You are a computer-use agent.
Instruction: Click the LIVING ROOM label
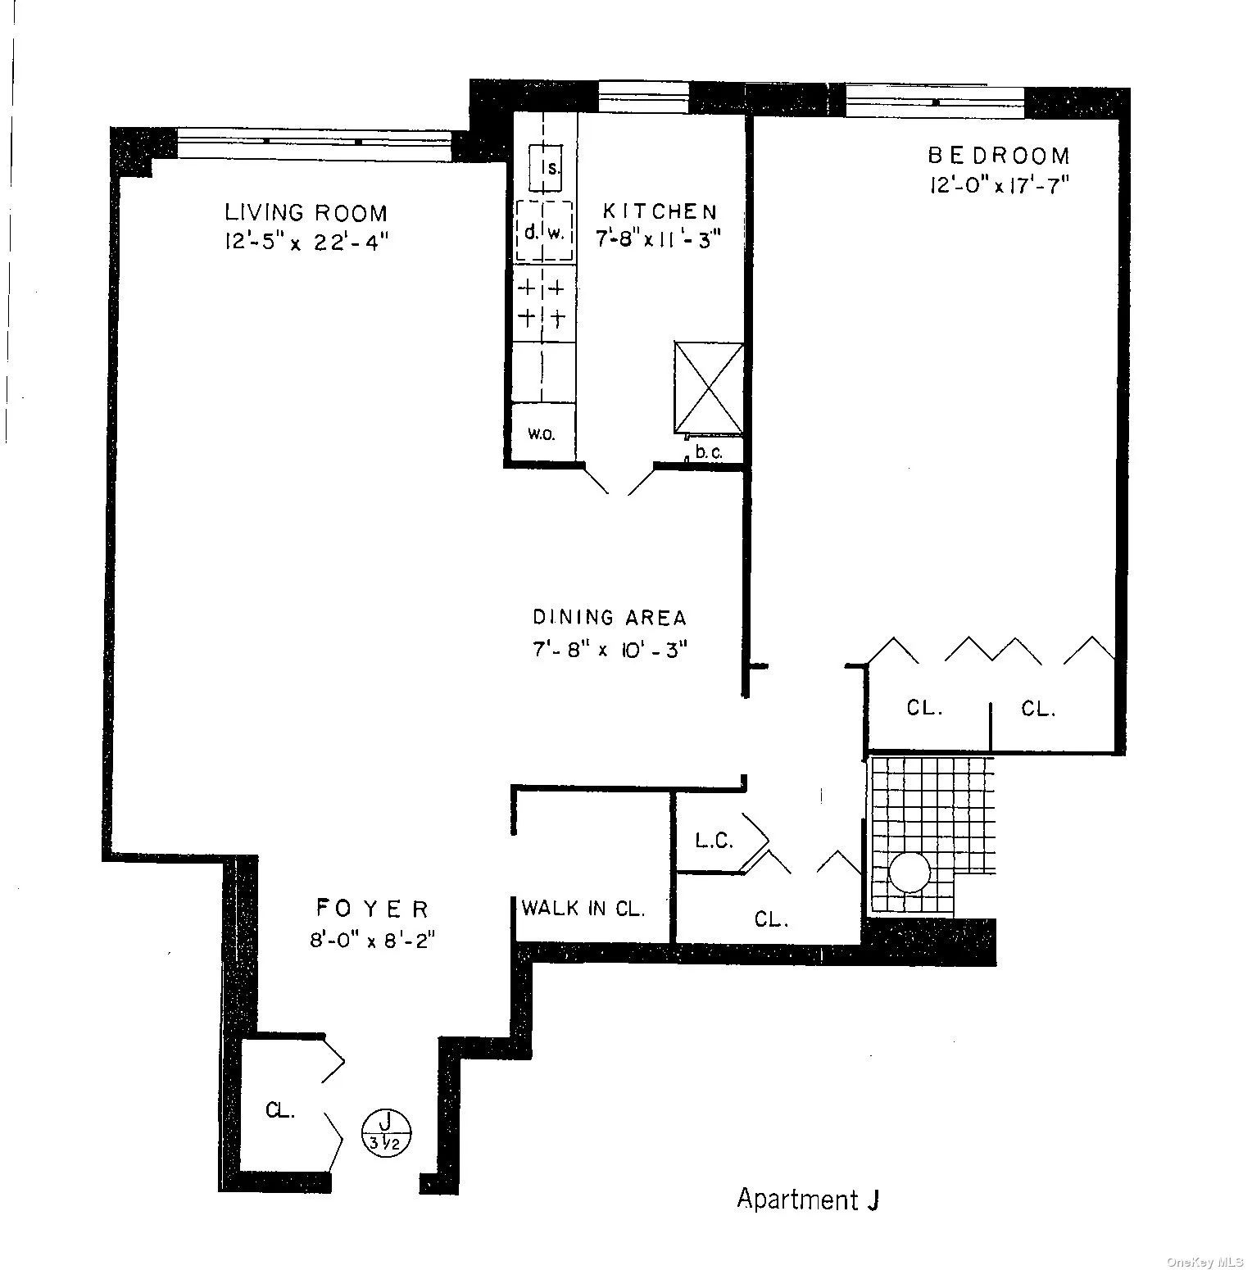306,213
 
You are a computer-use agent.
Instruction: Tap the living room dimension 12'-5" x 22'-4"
305,243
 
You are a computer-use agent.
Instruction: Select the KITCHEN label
660,211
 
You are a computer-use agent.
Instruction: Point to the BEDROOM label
999,155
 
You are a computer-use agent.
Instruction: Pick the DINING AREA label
610,617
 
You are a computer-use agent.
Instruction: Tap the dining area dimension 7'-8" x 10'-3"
610,649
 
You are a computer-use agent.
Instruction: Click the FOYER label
372,908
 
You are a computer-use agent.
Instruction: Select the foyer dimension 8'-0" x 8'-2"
371,939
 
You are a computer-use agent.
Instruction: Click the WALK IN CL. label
583,908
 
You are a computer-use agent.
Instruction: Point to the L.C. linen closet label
714,841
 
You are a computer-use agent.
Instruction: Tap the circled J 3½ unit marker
386,1132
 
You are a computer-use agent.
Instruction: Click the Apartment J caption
808,1199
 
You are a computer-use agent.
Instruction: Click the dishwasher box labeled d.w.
544,232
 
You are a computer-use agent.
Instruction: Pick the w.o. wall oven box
541,434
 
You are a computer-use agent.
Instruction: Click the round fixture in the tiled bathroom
910,872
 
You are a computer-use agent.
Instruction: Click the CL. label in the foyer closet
280,1111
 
